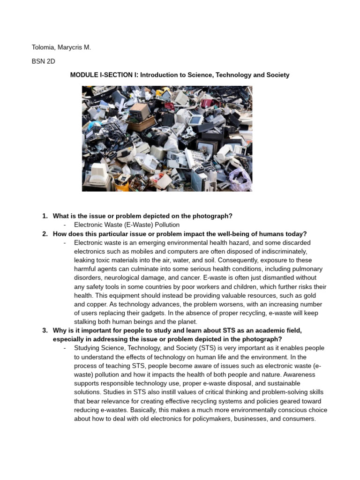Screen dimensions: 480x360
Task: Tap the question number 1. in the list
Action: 45,216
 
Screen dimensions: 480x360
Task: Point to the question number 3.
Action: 45,330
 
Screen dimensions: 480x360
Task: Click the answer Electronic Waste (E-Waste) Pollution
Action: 127,225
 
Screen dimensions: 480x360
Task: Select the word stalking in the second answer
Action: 86,322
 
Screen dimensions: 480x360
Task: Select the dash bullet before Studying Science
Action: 64,348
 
